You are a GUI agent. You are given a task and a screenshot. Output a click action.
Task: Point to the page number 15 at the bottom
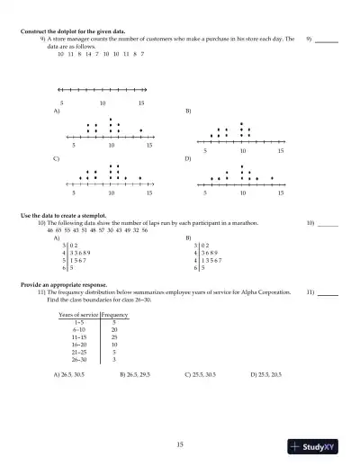[180, 444]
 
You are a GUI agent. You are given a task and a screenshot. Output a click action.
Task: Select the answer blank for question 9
[327, 40]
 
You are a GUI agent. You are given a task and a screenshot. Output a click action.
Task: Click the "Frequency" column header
[114, 315]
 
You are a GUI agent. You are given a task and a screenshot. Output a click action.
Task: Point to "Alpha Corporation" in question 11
[268, 292]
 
